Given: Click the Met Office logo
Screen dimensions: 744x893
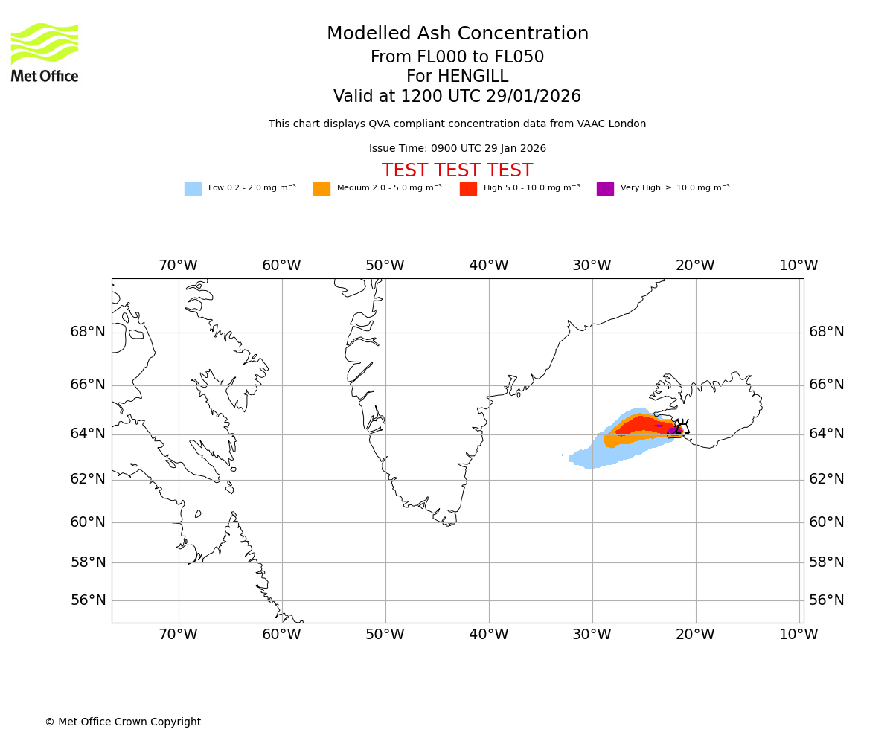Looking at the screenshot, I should pos(45,52).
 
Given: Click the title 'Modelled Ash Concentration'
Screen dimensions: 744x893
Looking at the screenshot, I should pos(457,34).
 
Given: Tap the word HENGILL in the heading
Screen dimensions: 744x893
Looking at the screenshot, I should pos(471,77).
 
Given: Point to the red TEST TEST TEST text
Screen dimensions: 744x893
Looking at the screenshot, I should pos(457,170).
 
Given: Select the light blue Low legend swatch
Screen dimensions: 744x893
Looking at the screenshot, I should pos(193,189).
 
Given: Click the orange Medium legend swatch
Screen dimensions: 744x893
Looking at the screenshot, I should pos(321,189).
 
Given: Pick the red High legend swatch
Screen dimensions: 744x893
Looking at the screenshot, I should pos(468,189).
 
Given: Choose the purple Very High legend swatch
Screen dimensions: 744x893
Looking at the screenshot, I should pos(605,189).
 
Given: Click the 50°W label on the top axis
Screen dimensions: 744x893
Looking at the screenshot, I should pos(385,266).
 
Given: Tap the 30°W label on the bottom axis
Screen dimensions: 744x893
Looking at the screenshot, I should pos(592,635).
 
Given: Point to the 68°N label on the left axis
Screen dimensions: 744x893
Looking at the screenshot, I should pos(88,332).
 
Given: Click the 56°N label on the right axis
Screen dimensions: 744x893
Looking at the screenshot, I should pos(827,600).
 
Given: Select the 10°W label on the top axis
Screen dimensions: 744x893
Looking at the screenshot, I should pos(798,266).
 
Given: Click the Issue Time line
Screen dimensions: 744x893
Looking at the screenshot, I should pos(457,149).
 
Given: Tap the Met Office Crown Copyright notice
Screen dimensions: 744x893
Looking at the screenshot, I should pos(123,722).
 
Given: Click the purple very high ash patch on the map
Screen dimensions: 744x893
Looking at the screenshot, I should pos(672,431).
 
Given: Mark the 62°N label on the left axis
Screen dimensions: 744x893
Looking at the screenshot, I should pos(88,479).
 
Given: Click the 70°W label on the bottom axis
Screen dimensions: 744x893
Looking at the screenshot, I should pos(178,635).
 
